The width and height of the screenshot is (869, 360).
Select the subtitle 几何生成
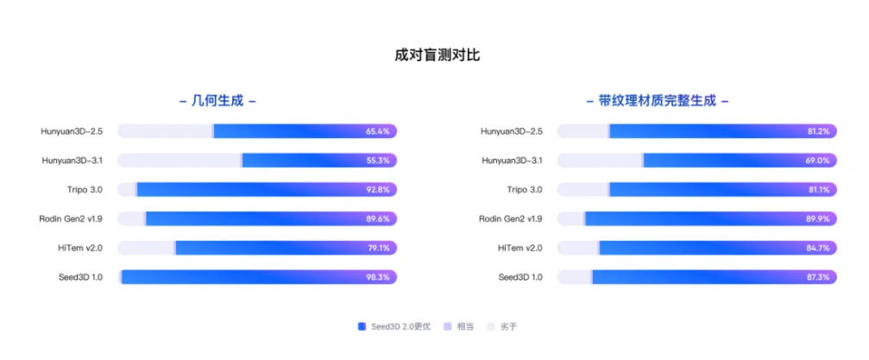(x=217, y=100)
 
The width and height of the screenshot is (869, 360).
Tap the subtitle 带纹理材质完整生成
(x=658, y=100)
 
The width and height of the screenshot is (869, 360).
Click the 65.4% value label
(x=378, y=131)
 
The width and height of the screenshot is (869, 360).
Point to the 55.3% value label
(x=378, y=161)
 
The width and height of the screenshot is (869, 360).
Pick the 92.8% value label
(x=378, y=190)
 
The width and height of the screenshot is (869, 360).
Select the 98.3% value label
(x=378, y=277)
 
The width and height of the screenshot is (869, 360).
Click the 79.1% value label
(x=378, y=248)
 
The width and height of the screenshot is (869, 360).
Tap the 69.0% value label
(x=817, y=161)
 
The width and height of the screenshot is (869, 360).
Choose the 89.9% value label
(x=817, y=219)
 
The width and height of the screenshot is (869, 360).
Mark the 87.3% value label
(x=817, y=277)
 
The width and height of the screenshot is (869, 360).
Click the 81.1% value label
(x=817, y=190)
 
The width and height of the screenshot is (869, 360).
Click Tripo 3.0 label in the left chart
(x=83, y=190)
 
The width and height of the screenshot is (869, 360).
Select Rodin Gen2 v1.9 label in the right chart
(x=511, y=219)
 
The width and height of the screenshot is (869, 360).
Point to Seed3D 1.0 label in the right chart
(x=520, y=277)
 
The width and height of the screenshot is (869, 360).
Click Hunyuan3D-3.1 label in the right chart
(x=512, y=161)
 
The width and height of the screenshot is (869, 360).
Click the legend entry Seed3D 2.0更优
(x=400, y=326)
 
